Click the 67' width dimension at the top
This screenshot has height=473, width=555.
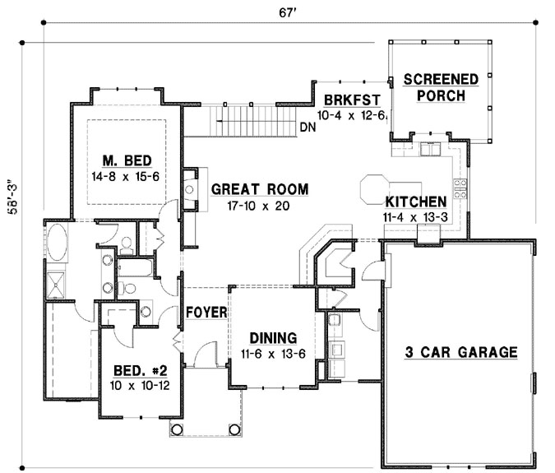click(287, 12)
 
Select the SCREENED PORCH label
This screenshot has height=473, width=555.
click(441, 87)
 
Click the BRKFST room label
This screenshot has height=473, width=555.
click(352, 100)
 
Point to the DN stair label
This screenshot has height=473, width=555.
click(308, 128)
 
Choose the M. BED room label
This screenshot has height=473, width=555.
click(127, 161)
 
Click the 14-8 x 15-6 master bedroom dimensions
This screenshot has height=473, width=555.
click(126, 176)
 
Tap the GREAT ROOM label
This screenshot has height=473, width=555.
click(260, 189)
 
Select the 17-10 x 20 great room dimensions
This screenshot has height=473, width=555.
click(258, 206)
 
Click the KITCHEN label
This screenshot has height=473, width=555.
click(416, 202)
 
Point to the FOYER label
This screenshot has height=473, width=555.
click(206, 313)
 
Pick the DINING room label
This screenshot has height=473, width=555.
click(273, 338)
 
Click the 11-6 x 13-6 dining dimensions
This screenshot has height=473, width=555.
click(273, 354)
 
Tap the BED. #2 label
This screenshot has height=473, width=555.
click(140, 371)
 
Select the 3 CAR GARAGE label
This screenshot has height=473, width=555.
click(461, 352)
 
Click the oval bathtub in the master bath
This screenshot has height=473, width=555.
click(57, 242)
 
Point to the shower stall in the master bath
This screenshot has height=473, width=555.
click(56, 285)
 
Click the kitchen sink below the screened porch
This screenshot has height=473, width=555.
click(430, 149)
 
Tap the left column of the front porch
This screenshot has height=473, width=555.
click(177, 429)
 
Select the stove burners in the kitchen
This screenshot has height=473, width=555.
click(460, 188)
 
